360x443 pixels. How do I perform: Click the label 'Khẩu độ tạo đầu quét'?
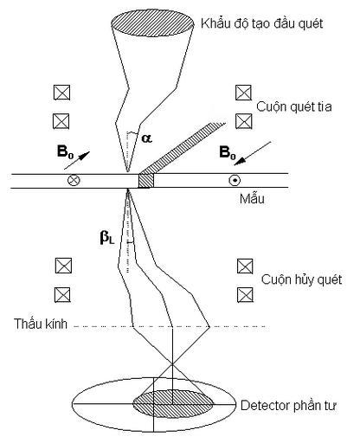tap(261, 23)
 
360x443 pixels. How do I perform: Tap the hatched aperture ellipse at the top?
tap(152, 23)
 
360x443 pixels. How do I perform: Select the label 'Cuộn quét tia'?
tap(294, 107)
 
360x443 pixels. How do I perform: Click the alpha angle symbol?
tap(146, 138)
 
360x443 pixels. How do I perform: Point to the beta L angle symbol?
tap(107, 237)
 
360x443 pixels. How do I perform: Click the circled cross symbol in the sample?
tap(74, 181)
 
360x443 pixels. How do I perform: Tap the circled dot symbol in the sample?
tap(235, 181)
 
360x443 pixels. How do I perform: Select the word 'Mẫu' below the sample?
tap(252, 199)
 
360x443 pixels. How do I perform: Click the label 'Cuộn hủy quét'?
tap(301, 279)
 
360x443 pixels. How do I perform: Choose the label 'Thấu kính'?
tap(41, 324)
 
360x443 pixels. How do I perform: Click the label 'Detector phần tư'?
tap(288, 406)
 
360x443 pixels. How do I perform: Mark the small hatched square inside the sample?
tap(146, 181)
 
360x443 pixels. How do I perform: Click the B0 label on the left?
tap(66, 151)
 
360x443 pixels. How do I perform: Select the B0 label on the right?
tap(228, 152)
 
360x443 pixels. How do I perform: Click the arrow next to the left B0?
tap(77, 160)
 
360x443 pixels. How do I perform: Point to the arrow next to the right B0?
tap(253, 153)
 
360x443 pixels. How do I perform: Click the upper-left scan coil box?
tap(62, 93)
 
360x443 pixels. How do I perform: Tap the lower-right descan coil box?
tap(245, 295)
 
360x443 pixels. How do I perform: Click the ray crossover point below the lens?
tap(172, 365)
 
